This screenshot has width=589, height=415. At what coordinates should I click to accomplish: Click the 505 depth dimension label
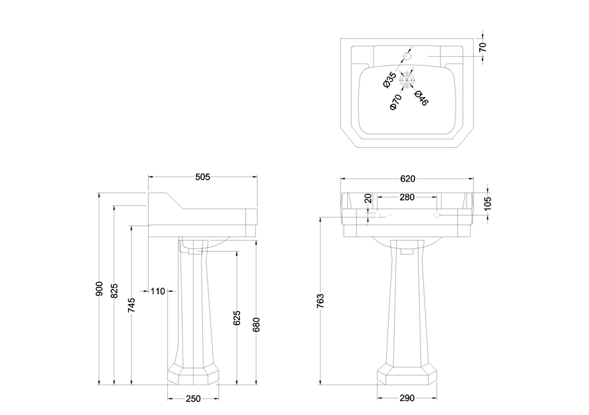point(202,176)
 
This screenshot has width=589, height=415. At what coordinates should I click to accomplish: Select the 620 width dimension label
point(408,178)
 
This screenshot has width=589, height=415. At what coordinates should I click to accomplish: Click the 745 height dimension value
point(131,304)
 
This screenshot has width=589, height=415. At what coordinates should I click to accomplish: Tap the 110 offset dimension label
point(157,291)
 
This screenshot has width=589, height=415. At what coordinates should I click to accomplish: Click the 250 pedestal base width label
point(193,398)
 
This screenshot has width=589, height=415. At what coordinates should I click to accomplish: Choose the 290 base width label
point(407,398)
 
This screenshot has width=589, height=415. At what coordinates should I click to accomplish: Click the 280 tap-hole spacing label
point(407,197)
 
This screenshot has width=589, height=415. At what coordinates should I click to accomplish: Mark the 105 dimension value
point(487,203)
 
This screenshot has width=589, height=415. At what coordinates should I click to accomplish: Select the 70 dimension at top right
point(483,46)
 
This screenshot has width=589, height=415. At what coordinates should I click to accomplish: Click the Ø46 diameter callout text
point(421,97)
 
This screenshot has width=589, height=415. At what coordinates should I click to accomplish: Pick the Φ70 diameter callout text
point(395,102)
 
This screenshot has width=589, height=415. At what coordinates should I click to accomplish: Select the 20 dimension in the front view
point(368,198)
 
